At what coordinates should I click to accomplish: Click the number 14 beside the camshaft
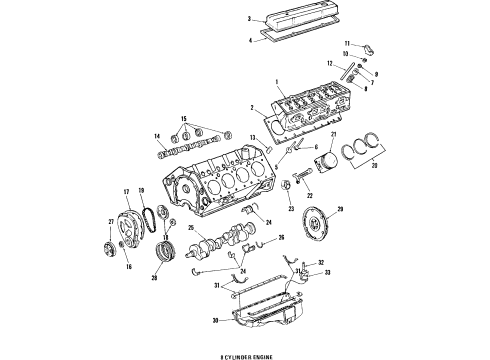click(x=158, y=138)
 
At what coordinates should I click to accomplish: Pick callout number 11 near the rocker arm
click(x=345, y=45)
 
